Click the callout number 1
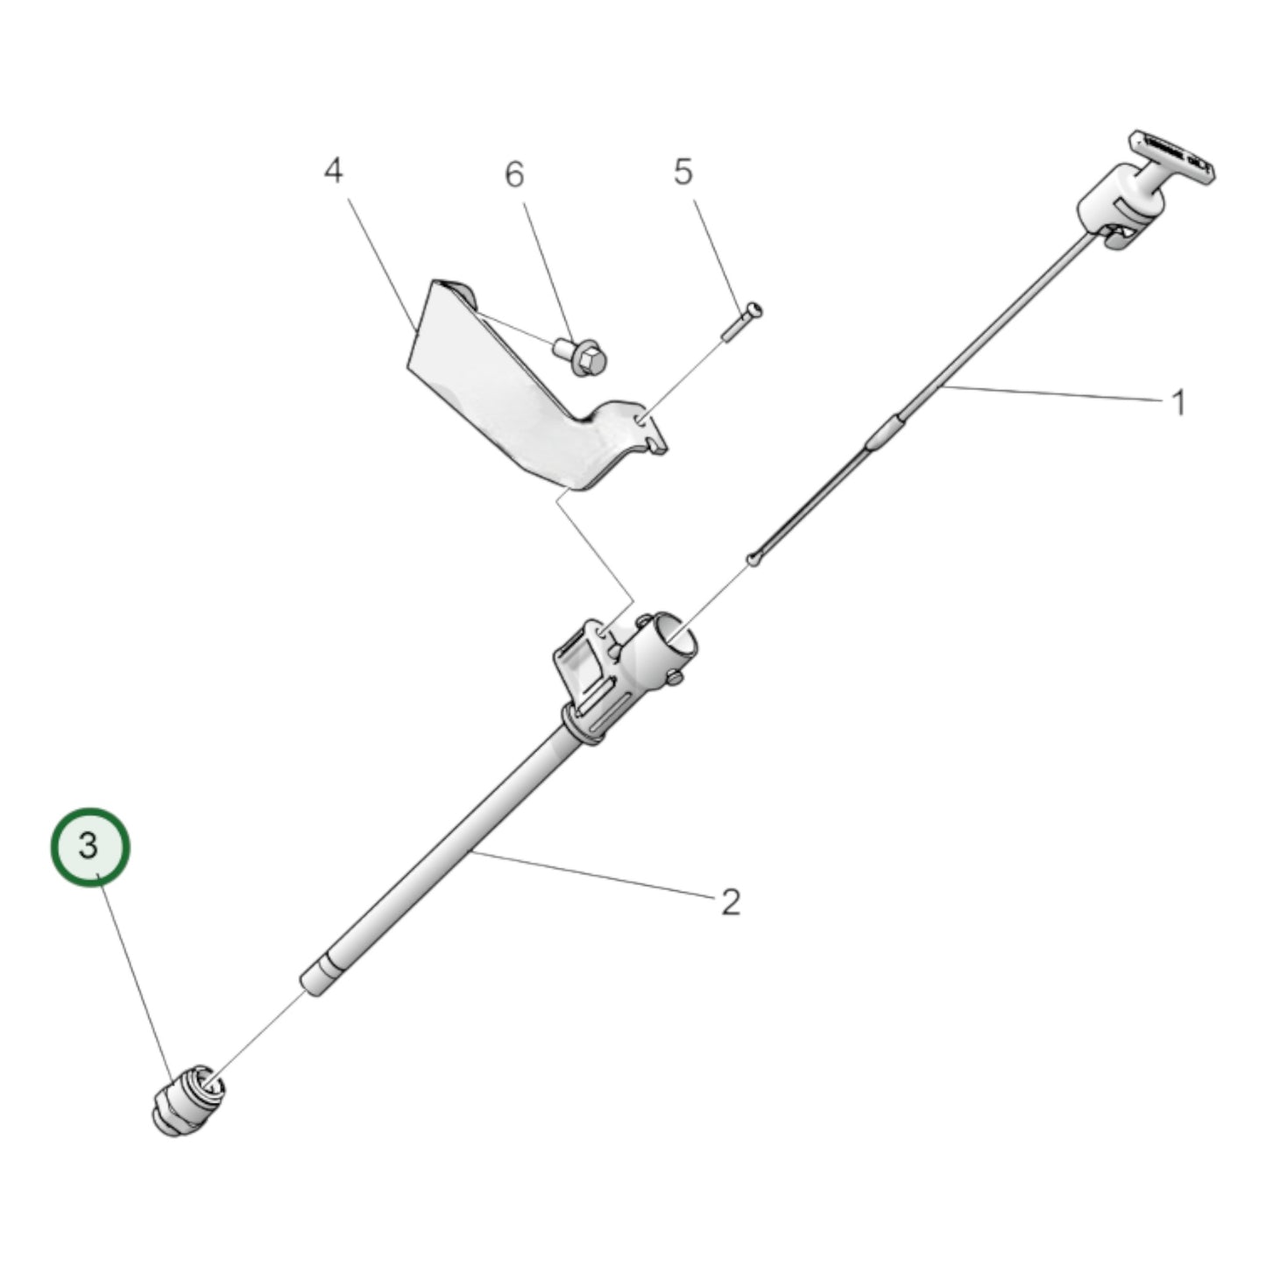[1178, 403]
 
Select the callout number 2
[731, 901]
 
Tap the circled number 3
[89, 847]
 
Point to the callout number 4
[333, 171]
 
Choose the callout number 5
[683, 172]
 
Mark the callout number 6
[514, 174]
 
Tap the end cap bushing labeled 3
[186, 1100]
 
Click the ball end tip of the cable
[753, 558]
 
